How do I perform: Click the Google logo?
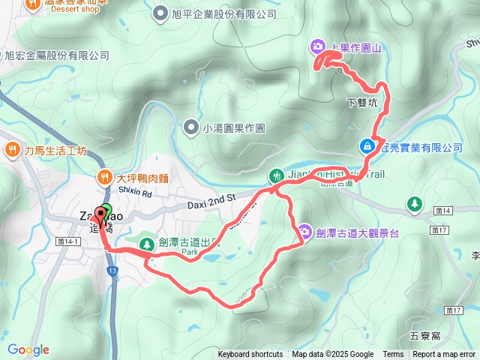coord(28,349)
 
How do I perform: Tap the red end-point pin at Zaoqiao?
coord(100,212)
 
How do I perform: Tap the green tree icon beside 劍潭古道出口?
coord(146,242)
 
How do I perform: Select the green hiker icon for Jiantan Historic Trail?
coord(275,176)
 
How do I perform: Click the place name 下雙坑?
coord(363,101)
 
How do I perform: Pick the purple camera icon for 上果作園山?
coord(319,48)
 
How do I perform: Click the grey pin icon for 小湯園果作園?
coord(191,127)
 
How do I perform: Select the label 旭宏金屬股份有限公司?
coord(57,55)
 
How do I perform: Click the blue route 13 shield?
coord(112,271)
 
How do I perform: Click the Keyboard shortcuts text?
coord(250,355)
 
